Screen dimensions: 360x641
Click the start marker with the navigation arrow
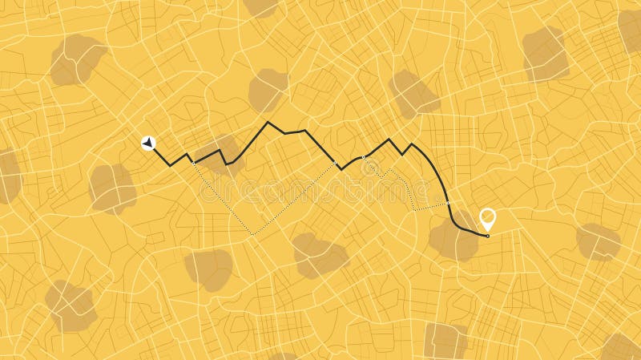point(148,143)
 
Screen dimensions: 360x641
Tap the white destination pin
point(486,217)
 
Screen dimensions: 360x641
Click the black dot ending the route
point(488,236)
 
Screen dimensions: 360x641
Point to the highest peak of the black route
point(268,122)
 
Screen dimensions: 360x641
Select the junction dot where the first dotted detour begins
point(194,163)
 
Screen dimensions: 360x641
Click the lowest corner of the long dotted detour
point(253,233)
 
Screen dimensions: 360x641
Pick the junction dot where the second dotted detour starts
point(363,156)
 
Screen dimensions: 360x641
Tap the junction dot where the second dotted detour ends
point(448,202)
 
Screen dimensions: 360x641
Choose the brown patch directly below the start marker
point(113,188)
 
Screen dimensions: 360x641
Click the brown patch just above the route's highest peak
point(268,90)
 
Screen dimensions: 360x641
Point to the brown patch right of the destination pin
point(599,241)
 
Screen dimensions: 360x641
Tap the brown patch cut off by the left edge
point(8,176)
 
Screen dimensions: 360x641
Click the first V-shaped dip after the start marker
point(170,165)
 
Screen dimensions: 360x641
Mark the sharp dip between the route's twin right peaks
point(401,154)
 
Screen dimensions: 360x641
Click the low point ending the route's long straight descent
point(341,169)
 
